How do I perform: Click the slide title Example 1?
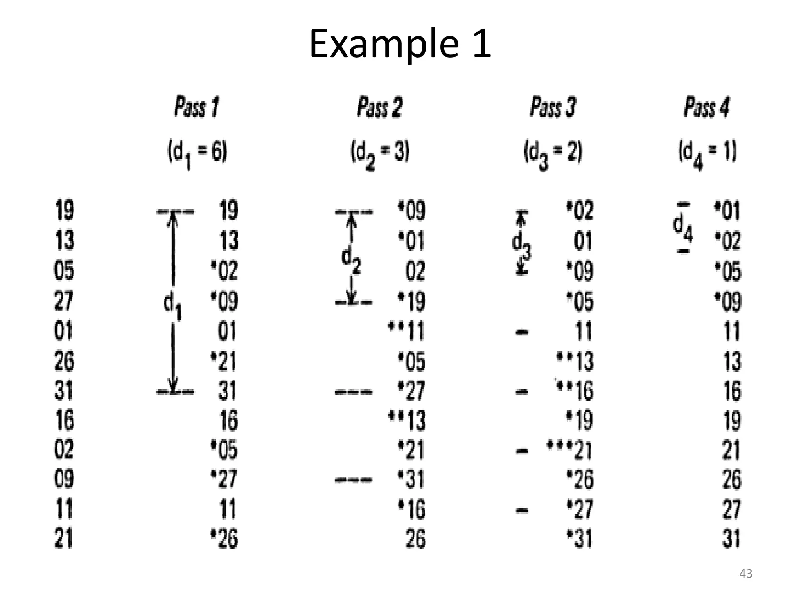pos(400,44)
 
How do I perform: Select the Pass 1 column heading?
pos(197,106)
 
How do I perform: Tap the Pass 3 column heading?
pos(553,106)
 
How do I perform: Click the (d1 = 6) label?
pos(197,153)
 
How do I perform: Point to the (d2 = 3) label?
pos(380,153)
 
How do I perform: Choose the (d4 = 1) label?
pos(707,153)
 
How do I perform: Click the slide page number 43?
pos(745,574)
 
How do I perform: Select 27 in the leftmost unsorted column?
pos(64,300)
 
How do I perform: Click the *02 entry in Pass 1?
pos(224,271)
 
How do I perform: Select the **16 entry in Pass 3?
pos(574,390)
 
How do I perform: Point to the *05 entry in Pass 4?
pos(727,271)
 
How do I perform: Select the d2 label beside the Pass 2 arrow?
pos(351,261)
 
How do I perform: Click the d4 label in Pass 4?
pos(683,228)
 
